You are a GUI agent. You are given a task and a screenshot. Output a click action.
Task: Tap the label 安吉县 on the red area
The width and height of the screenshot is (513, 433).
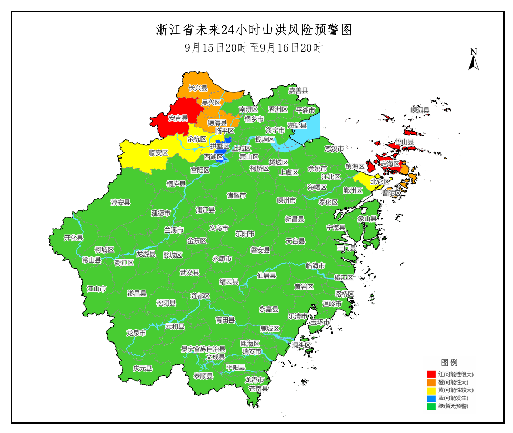click(x=178, y=118)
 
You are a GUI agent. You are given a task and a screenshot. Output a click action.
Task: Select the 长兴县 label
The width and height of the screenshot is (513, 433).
click(x=198, y=88)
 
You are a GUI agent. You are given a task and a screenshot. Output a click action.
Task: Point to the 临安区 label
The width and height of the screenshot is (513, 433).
click(x=158, y=153)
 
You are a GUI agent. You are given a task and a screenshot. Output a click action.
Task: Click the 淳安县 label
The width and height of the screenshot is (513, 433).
click(x=120, y=202)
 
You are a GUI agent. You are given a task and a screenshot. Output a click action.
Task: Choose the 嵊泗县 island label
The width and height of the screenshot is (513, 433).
click(x=420, y=110)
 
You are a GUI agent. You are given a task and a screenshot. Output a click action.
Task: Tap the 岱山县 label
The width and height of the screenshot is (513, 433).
click(x=404, y=142)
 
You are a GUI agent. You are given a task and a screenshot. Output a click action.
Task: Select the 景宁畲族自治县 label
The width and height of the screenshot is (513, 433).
click(x=203, y=348)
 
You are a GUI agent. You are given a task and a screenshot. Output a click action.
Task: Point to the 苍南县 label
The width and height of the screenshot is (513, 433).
click(x=258, y=388)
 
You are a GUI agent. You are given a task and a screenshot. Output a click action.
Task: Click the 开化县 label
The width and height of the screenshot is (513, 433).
click(x=74, y=238)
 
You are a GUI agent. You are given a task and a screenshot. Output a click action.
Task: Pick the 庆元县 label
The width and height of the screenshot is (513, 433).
click(x=142, y=368)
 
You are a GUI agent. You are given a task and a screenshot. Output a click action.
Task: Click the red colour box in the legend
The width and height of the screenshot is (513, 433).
click(x=431, y=374)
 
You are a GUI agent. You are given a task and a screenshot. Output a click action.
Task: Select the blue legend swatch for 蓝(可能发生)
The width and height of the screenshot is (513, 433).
click(x=431, y=398)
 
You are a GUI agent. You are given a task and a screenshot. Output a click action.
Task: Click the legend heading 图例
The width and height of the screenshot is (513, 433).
click(x=449, y=362)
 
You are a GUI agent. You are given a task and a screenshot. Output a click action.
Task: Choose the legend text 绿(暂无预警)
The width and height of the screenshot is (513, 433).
click(x=452, y=406)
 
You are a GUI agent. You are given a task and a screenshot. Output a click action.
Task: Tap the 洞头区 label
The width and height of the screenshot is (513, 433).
click(x=302, y=345)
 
